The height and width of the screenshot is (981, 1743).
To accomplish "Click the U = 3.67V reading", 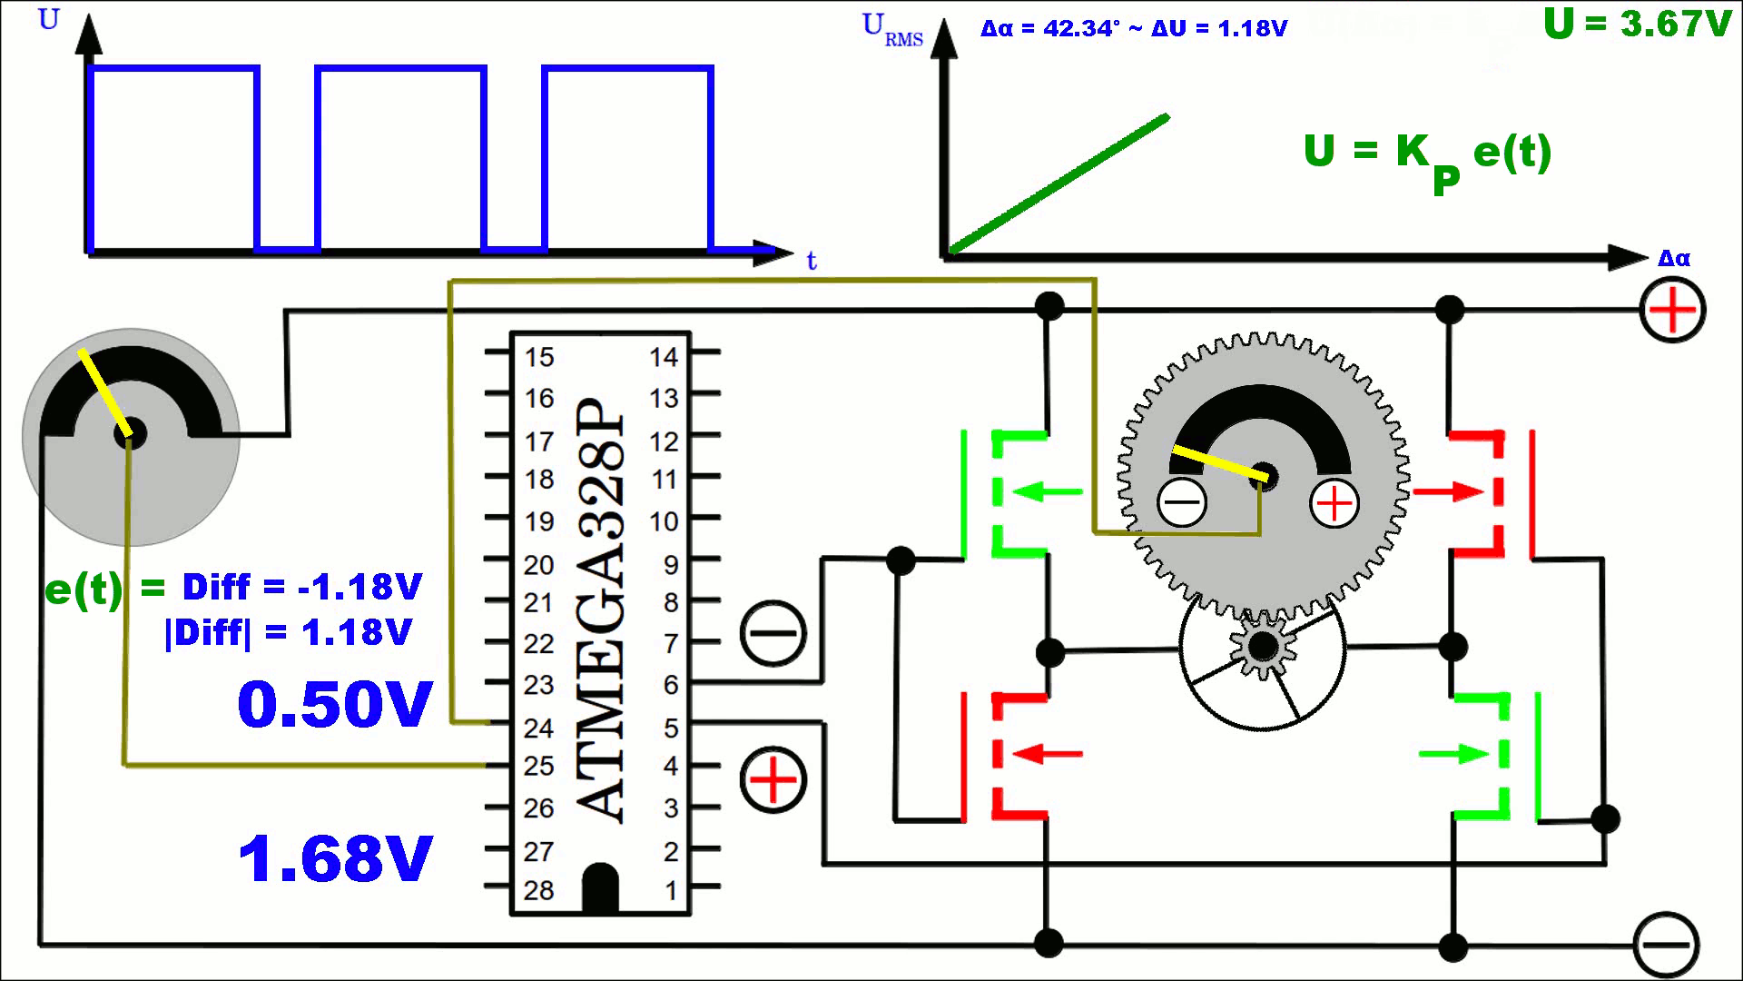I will tap(1637, 24).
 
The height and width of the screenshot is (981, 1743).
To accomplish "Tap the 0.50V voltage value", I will tap(335, 705).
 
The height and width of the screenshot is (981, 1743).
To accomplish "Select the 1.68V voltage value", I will tap(335, 859).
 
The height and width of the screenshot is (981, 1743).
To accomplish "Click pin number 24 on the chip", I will tap(538, 728).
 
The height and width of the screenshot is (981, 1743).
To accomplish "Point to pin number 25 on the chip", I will tap(538, 767).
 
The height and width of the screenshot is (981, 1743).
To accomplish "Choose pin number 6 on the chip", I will tap(671, 685).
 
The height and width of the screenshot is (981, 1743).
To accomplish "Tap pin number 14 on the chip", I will tap(664, 357).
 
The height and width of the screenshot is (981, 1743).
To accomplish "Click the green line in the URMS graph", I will tap(1059, 183).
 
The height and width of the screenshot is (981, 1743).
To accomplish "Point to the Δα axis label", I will tap(1674, 259).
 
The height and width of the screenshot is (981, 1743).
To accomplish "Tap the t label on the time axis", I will tap(812, 262).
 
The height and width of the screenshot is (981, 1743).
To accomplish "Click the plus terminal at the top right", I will tap(1672, 311).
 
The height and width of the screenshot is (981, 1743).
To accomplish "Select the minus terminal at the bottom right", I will tap(1666, 946).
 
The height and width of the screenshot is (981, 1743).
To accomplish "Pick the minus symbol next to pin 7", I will tap(773, 633).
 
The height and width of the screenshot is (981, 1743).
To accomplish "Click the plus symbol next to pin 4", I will tap(773, 780).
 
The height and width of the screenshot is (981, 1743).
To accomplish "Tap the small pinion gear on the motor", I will tap(1262, 647).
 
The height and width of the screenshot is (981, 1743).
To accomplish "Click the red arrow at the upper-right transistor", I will tap(1449, 492).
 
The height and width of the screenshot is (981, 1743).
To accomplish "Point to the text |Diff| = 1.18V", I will tap(288, 632).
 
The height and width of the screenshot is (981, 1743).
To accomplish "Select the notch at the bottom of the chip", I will tap(600, 887).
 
